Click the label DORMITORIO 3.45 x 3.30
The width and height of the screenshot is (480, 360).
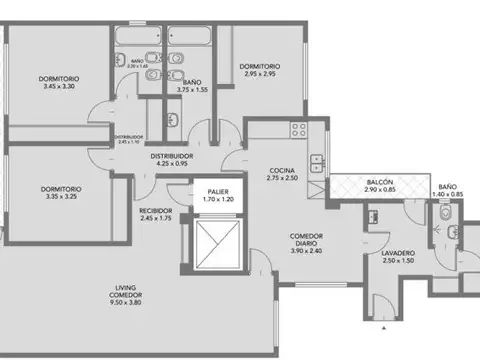(x=59, y=83)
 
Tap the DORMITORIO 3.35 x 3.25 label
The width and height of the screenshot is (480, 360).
(x=61, y=193)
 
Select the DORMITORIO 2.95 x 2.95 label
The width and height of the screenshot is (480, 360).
(x=259, y=71)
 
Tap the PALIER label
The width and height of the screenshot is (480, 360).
(x=220, y=194)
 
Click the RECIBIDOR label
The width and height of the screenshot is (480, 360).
(x=157, y=214)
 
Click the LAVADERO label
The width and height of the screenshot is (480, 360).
(x=398, y=255)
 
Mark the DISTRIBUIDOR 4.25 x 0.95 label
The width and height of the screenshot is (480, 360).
(x=172, y=160)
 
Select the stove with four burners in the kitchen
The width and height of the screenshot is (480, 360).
(x=296, y=127)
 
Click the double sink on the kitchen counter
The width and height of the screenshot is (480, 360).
(x=317, y=163)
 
